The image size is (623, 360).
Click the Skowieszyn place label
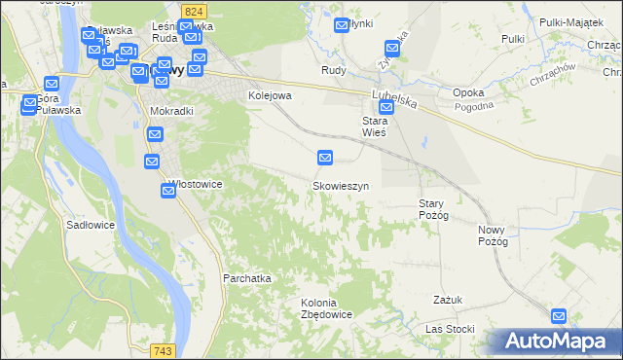tap(340, 185)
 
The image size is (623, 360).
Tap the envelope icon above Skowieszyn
tap(326, 157)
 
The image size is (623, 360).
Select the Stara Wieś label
tap(375, 126)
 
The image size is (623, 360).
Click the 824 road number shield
tap(193, 10)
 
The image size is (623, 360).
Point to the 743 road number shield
tap(163, 350)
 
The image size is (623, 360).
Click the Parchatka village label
tap(246, 277)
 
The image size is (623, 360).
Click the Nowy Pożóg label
tap(494, 234)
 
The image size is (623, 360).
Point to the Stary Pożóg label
tap(432, 208)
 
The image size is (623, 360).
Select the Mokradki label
tap(171, 111)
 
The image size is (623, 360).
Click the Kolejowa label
tap(270, 95)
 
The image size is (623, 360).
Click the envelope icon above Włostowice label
tap(153, 162)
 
